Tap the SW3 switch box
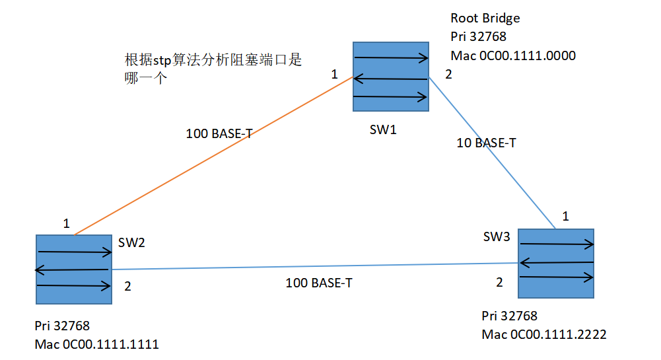pos(556,262)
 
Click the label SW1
pos(383,129)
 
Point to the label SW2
pos(131,242)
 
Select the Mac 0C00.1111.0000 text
pos(513,55)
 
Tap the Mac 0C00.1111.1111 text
pos(97,344)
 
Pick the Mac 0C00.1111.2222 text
pos(544,334)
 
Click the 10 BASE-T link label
pos(486,143)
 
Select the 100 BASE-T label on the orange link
pos(219,133)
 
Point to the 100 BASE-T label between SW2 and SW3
pos(319,283)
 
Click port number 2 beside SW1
pos(448,74)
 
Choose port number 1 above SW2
pos(66,223)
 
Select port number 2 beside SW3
pos(499,282)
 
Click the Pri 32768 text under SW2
pos(62,326)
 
